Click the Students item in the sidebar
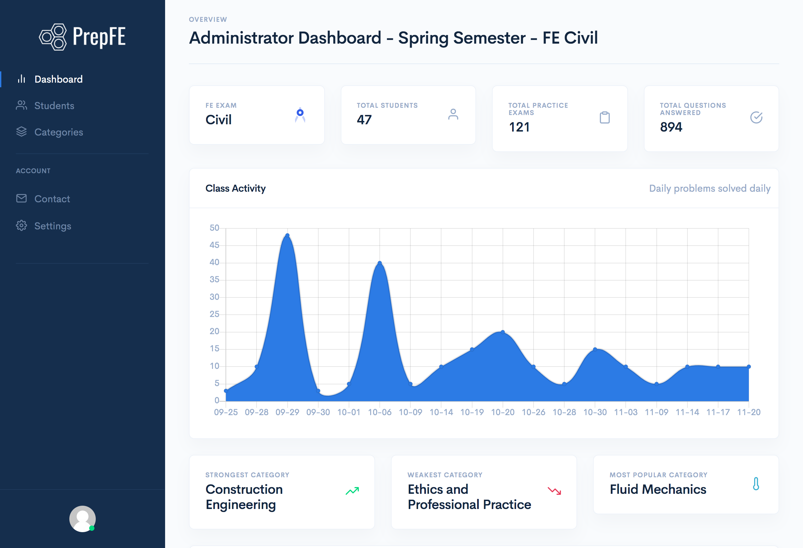(54, 105)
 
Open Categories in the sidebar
(58, 132)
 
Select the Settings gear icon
(21, 225)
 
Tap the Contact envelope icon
(21, 198)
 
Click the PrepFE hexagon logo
(53, 37)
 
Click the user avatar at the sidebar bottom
(82, 519)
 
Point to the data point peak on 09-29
(288, 236)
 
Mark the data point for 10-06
(380, 263)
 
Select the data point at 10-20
(503, 332)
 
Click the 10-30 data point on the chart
(595, 349)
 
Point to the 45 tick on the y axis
(214, 245)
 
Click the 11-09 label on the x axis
(656, 412)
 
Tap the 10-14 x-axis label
(441, 412)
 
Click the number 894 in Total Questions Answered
(671, 127)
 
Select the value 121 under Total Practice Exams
(519, 127)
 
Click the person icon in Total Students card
(453, 114)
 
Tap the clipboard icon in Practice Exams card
(605, 118)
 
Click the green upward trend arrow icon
(352, 490)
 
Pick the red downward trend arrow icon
(555, 490)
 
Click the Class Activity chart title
(235, 188)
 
